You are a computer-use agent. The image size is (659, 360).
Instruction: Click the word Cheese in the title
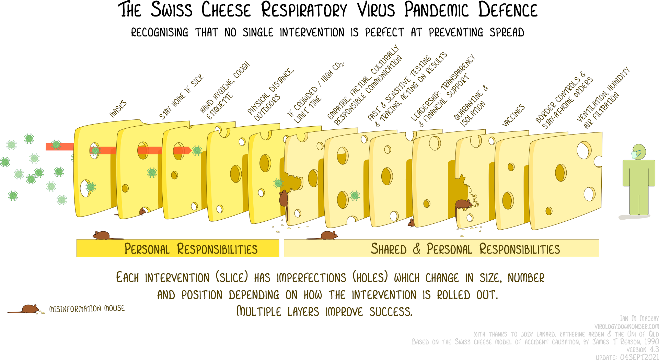[226, 10]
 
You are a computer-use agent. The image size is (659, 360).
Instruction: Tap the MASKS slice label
[118, 109]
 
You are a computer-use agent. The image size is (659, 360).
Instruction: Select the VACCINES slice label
[513, 115]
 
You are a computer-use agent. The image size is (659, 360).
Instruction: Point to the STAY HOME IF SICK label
[181, 97]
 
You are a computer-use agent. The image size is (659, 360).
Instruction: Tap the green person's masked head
[638, 152]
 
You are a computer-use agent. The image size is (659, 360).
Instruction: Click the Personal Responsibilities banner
[178, 248]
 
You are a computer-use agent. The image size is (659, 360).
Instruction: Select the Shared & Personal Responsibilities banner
[441, 248]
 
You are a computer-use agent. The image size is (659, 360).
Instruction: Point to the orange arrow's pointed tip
[191, 150]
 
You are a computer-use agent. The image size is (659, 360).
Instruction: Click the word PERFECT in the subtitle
[384, 32]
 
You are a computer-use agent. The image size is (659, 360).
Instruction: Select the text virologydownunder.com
[627, 326]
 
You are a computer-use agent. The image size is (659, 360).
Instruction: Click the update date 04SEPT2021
[639, 357]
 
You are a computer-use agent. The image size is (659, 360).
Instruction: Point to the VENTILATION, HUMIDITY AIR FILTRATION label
[603, 98]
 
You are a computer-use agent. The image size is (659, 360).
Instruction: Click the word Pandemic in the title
[436, 10]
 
